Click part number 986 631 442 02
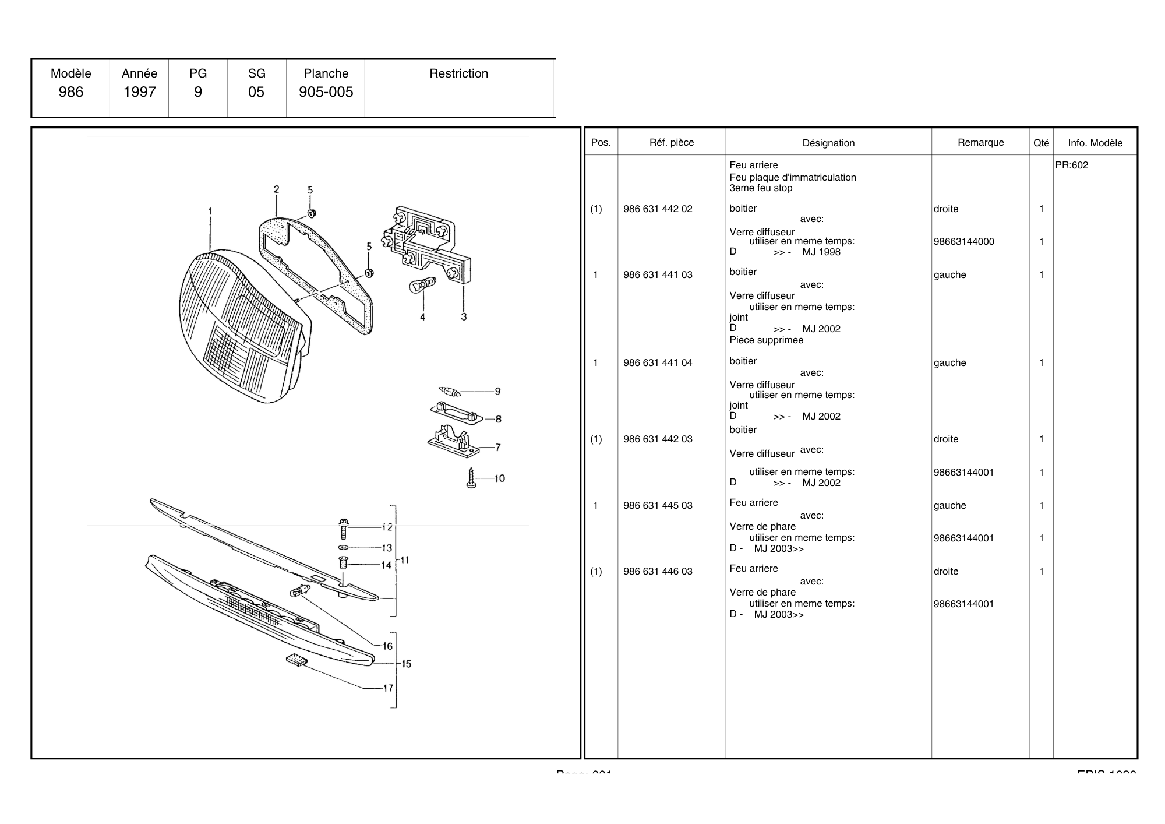(658, 209)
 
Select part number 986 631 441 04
(658, 363)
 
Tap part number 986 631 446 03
(658, 572)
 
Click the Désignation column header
(828, 143)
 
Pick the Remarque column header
(980, 143)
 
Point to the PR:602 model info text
(1072, 165)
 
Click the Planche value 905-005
(326, 92)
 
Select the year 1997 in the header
(139, 92)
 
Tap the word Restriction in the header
(458, 73)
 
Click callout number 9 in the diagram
(497, 392)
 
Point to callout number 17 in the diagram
(388, 688)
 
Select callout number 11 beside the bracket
(405, 560)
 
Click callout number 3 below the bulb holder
(464, 317)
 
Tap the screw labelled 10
(471, 478)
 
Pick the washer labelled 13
(343, 548)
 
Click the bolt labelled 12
(343, 528)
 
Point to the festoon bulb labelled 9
(450, 391)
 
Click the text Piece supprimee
(766, 340)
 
